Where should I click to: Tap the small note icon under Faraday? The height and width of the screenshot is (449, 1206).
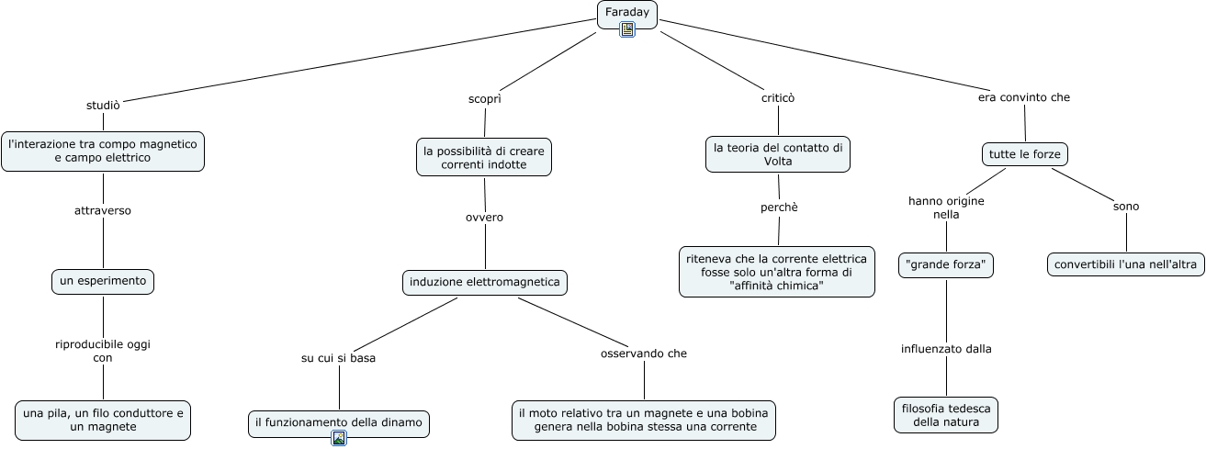click(627, 30)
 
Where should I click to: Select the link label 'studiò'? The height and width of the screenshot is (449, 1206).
click(103, 104)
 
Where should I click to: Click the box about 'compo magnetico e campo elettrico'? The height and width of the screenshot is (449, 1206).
click(102, 151)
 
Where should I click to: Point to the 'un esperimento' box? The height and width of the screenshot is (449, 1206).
click(102, 281)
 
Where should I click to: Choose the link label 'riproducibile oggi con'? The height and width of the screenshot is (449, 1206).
click(102, 351)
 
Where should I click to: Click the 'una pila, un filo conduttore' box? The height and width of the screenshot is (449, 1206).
click(103, 419)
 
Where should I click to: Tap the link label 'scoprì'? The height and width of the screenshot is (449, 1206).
click(485, 97)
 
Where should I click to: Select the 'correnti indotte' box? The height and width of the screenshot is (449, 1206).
click(485, 156)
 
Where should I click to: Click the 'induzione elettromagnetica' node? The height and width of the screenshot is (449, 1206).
click(485, 282)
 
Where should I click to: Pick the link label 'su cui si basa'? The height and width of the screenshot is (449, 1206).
click(338, 358)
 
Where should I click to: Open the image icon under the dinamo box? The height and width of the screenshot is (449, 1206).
click(339, 438)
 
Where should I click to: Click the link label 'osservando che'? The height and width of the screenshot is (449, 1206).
click(643, 354)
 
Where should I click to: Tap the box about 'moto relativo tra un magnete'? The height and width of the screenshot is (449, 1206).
click(643, 420)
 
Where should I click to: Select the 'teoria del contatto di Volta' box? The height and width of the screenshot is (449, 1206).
click(778, 153)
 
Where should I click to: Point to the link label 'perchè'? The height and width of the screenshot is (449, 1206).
click(779, 208)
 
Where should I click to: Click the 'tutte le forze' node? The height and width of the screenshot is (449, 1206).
click(1024, 154)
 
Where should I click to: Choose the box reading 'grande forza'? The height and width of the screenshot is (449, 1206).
click(946, 265)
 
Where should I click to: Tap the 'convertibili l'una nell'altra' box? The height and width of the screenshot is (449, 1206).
click(1125, 264)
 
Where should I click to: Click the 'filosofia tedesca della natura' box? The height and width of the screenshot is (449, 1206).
click(946, 414)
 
